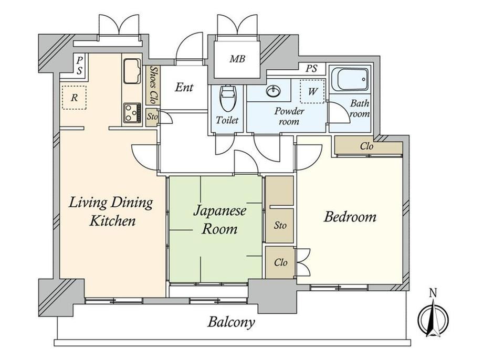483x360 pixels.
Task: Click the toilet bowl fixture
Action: pyautogui.click(x=228, y=98)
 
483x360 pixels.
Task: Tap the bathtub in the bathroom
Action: pyautogui.click(x=353, y=79)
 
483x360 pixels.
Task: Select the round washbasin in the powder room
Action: pyautogui.click(x=274, y=91)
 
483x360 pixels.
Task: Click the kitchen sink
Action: pyautogui.click(x=132, y=71)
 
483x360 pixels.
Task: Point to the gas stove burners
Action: pyautogui.click(x=132, y=113)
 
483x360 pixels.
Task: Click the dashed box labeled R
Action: pyautogui.click(x=74, y=98)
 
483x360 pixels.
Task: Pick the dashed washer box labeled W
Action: pyautogui.click(x=312, y=91)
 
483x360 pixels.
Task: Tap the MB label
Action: pyautogui.click(x=237, y=58)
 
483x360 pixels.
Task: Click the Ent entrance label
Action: pyautogui.click(x=184, y=87)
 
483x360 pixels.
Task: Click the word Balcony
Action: pyautogui.click(x=231, y=322)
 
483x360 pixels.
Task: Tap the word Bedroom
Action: pyautogui.click(x=350, y=217)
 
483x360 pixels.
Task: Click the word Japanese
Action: pyautogui.click(x=219, y=211)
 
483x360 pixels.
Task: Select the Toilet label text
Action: pyautogui.click(x=227, y=120)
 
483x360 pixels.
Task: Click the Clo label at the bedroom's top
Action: pyautogui.click(x=366, y=146)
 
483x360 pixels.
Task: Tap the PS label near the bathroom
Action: pyautogui.click(x=311, y=68)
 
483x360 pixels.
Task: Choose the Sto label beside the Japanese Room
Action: pyautogui.click(x=280, y=226)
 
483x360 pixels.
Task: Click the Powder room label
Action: pyautogui.click(x=289, y=116)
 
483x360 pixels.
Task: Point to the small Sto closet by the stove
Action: pyautogui.click(x=152, y=117)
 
